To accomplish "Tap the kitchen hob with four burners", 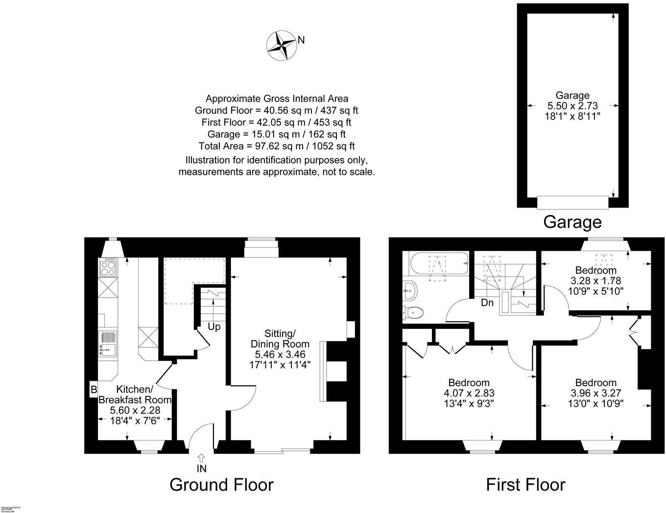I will coord(108,267).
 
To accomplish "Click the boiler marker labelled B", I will coord(93,390).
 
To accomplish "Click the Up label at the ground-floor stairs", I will coord(214,326).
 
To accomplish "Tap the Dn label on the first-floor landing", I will coord(487,303).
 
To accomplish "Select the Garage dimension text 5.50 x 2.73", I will coord(572,105).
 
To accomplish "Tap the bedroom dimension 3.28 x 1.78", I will coord(595,280).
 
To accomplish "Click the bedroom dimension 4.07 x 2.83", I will coord(469,393).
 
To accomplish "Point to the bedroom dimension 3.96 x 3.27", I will coord(595,393).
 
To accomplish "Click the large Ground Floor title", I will coord(221,485).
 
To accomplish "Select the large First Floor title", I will coord(525,485).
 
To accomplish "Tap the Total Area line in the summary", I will coord(277,146).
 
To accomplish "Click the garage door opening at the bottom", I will coord(572,202).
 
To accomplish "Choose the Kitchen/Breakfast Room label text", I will coord(135,394).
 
